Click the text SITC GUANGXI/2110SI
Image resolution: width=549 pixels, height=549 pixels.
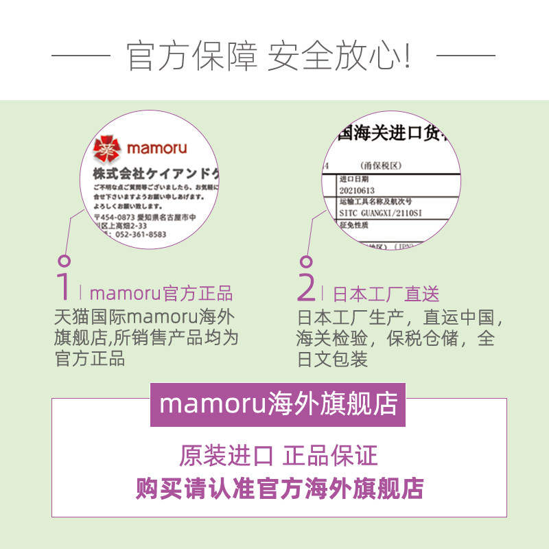[x=382, y=213]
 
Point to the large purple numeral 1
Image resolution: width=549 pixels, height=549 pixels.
[x=64, y=287]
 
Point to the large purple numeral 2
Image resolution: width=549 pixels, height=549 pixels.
[x=307, y=287]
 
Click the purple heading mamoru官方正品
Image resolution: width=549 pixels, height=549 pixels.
[x=161, y=294]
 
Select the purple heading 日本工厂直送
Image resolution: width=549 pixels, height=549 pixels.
[x=386, y=294]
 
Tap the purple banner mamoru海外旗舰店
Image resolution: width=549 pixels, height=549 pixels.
[x=278, y=404]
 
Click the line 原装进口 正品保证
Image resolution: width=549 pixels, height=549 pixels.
[x=279, y=456]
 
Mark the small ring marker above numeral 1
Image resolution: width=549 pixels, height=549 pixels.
[x=64, y=261]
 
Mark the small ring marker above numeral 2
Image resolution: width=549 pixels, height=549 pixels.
[x=307, y=261]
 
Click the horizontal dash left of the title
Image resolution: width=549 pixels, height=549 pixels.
[x=81, y=54]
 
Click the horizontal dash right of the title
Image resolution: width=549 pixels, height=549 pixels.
[x=466, y=54]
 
